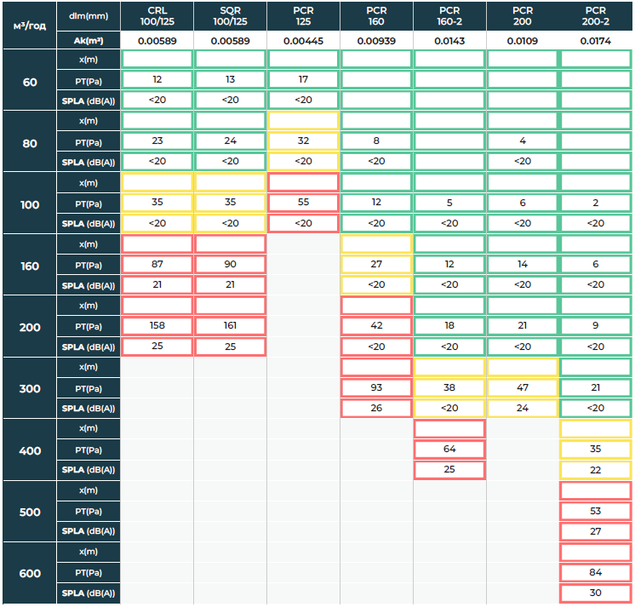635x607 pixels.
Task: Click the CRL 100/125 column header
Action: [157, 15]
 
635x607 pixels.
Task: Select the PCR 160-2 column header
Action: [449, 15]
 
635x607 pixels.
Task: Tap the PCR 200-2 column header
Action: [596, 15]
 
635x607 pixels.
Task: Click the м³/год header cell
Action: [30, 25]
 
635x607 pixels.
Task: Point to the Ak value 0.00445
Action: [304, 40]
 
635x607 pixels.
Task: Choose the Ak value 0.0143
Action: [449, 40]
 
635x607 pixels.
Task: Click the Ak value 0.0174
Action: [596, 40]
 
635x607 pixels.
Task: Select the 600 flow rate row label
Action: [30, 573]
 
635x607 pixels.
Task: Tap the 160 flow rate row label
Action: [30, 265]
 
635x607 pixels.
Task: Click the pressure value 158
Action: [157, 326]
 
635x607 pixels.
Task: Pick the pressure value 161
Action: [231, 326]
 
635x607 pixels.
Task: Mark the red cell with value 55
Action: [304, 203]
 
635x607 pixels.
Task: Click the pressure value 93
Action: [376, 387]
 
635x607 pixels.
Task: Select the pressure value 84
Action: [596, 572]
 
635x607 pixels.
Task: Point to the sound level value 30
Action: [596, 593]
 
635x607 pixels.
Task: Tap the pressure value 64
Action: [449, 450]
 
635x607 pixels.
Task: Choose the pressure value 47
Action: [523, 387]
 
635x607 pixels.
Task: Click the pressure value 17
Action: [304, 79]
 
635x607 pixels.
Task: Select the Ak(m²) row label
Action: [89, 40]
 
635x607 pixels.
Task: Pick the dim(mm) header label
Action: [89, 15]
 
